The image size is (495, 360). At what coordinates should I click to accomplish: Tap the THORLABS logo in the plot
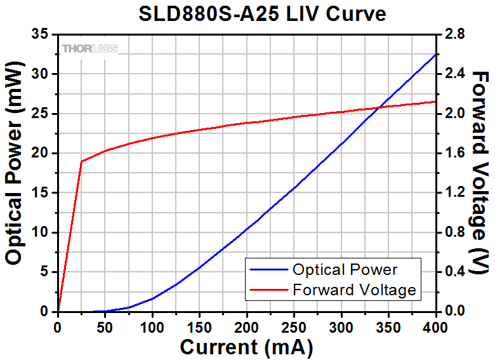tap(89, 49)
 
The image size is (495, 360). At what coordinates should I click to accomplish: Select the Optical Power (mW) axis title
tap(17, 167)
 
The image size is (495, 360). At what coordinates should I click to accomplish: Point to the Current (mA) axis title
tap(246, 347)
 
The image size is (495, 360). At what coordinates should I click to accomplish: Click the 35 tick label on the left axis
tap(41, 35)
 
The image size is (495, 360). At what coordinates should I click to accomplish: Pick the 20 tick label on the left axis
tap(41, 154)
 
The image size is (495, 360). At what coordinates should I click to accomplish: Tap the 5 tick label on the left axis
tap(44, 272)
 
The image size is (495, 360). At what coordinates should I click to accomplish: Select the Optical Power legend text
tap(345, 270)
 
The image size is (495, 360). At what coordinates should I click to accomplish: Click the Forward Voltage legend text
tap(353, 290)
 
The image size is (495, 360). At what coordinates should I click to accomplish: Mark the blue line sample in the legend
tap(269, 270)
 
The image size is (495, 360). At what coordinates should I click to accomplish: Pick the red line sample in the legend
tap(269, 291)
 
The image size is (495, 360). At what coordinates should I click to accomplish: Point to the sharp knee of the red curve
tap(81, 161)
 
